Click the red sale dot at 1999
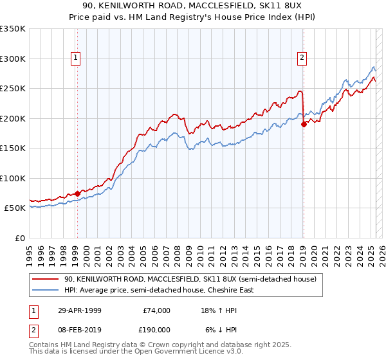tap(77, 193)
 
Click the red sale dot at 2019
tap(304, 125)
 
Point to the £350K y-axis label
tap(13, 29)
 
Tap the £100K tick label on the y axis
tap(13, 178)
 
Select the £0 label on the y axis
tap(19, 238)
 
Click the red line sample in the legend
tap(46, 280)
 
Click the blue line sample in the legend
tap(46, 290)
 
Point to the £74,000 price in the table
tap(156, 310)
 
